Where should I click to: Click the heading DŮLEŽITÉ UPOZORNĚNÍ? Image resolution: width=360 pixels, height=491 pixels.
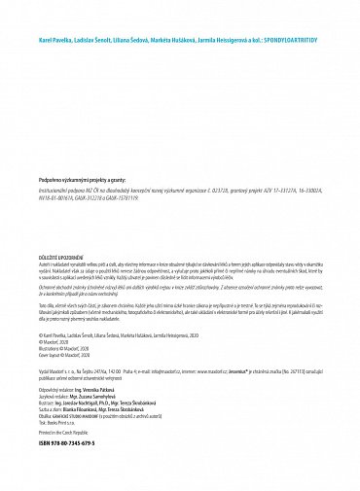pyautogui.click(x=64, y=258)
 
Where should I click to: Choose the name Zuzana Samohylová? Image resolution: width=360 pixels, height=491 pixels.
pyautogui.click(x=100, y=395)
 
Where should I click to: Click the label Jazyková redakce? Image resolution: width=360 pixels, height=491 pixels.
pyautogui.click(x=54, y=395)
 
